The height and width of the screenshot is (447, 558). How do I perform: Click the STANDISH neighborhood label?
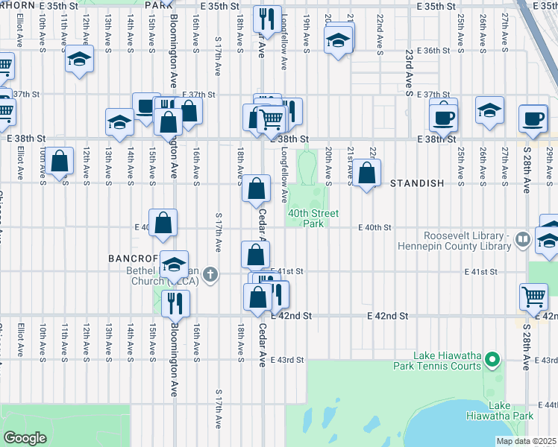coord(416,183)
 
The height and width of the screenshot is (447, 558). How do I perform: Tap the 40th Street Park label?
coord(313,218)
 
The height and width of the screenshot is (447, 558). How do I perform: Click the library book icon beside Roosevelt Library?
coord(522,240)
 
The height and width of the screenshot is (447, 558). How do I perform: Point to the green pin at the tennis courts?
coord(492,361)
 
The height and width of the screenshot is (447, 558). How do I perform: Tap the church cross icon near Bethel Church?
coord(211,273)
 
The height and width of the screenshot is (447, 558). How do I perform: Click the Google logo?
coord(25,438)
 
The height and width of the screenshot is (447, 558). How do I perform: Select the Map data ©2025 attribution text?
coord(526,441)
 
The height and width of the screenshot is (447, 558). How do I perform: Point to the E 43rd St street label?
coord(287,361)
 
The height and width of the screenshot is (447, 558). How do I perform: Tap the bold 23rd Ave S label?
coord(410,74)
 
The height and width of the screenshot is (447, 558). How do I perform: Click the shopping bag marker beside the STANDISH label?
coord(367,174)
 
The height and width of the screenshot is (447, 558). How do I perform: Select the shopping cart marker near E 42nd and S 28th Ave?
coord(534,297)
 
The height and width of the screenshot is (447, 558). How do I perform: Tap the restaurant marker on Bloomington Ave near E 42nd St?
coord(175,302)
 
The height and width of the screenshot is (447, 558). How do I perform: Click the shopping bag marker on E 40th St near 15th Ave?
coord(164,222)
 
